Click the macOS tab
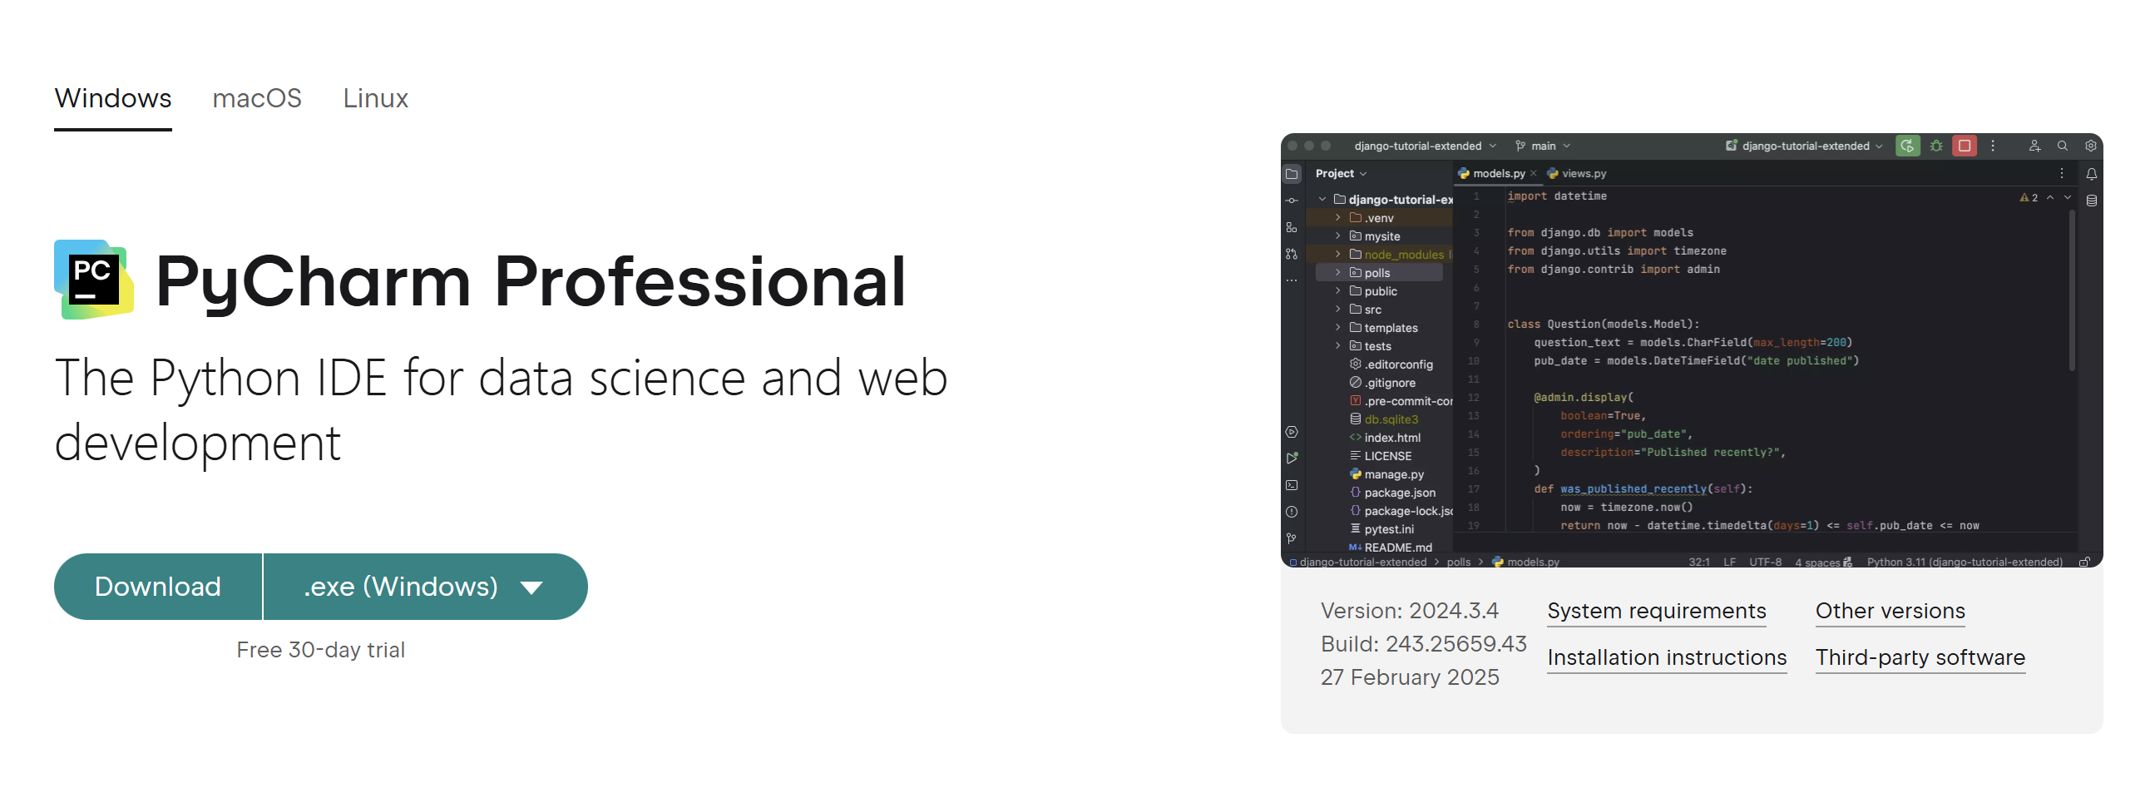coord(256,98)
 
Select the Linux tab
coord(376,98)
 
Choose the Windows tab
coord(112,98)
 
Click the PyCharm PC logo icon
coord(93,280)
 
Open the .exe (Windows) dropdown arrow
coord(531,587)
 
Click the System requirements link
coord(1657,611)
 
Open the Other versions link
coord(1891,611)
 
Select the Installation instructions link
coord(1667,657)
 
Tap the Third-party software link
coord(1920,657)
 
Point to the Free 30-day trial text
coord(320,650)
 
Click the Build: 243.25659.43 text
coord(1423,644)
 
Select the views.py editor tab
coord(1577,174)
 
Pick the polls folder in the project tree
coord(1376,273)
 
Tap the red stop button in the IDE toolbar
coord(1965,146)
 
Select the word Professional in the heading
coord(699,282)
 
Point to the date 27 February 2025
coord(1410,678)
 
